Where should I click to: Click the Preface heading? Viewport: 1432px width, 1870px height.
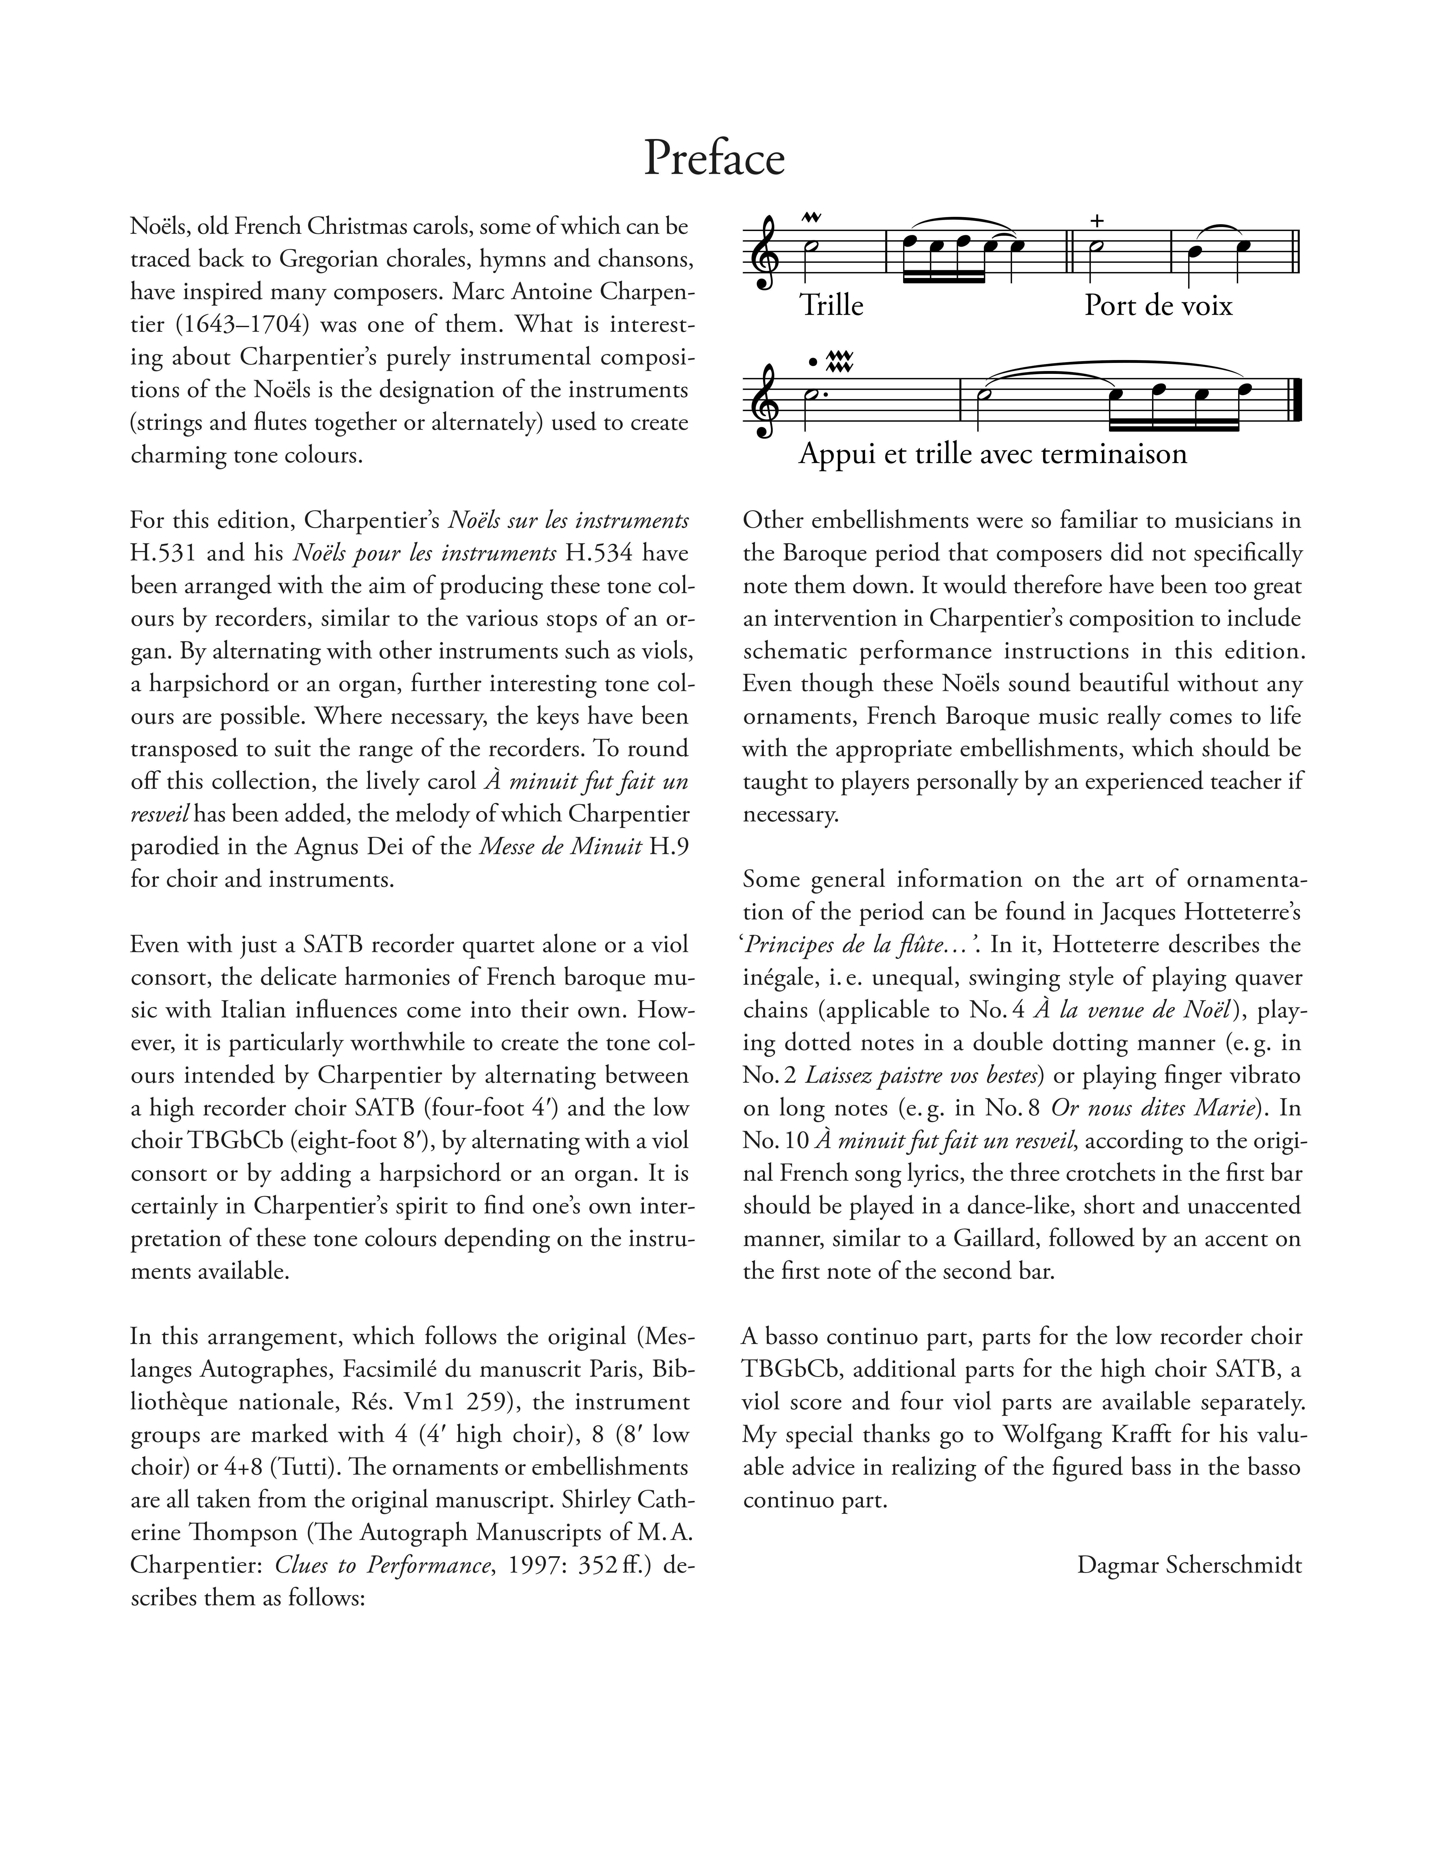coord(714,159)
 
